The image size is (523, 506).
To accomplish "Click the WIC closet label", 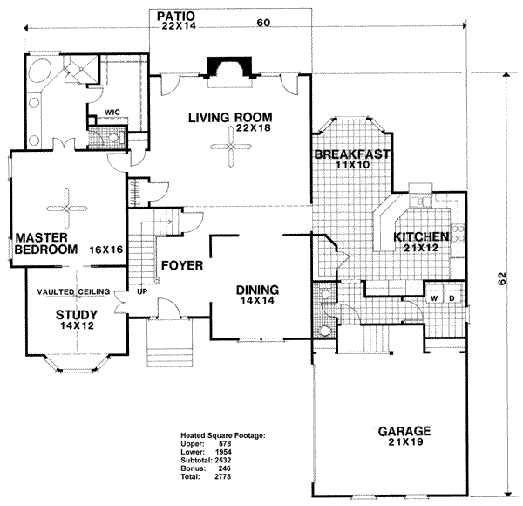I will point(112,113).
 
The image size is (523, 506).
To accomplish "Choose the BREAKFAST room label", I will point(351,155).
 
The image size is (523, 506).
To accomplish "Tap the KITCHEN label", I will point(421,236).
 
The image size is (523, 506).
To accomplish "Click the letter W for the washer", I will point(433,298).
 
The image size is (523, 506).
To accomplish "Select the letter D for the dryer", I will point(451,298).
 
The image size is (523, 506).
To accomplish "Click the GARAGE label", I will point(404,432).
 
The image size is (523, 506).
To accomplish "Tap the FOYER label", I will point(181,264).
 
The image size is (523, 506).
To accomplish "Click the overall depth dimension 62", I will point(501,281).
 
